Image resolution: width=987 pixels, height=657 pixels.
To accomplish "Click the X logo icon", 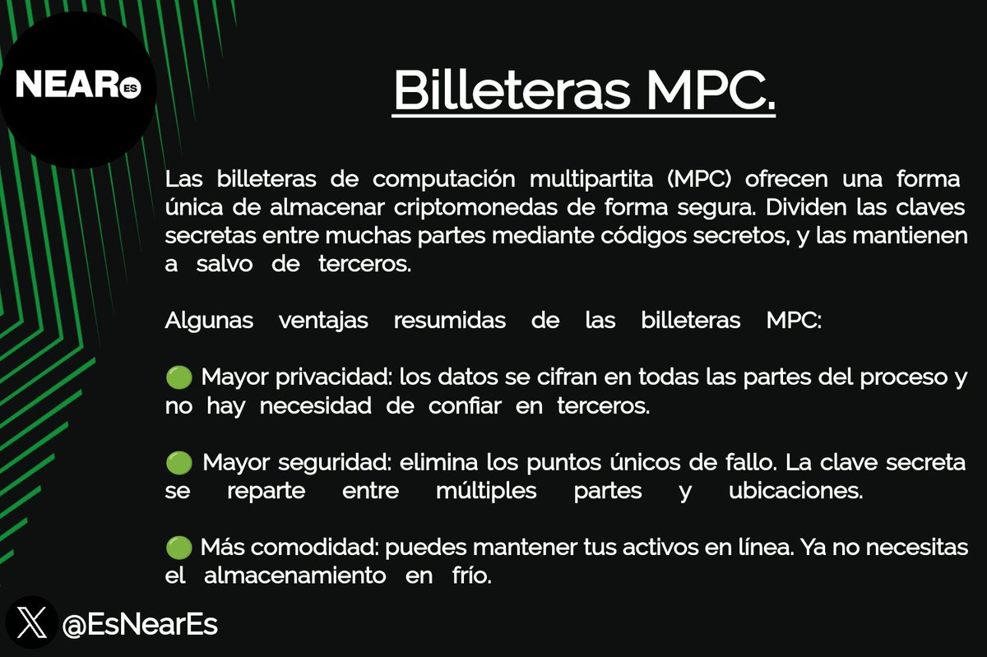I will (x=32, y=622).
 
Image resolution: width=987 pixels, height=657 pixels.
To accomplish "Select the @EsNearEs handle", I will (x=140, y=624).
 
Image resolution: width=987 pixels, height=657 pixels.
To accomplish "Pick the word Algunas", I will (x=209, y=320).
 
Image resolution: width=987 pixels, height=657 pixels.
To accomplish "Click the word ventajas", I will (x=323, y=320).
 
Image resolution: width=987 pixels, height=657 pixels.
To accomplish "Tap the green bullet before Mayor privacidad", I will (x=178, y=378).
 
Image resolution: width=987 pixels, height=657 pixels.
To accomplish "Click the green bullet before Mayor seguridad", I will (x=178, y=463).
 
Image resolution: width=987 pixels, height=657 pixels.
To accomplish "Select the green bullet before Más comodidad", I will (x=178, y=548).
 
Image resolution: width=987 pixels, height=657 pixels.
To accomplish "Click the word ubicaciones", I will (x=795, y=492).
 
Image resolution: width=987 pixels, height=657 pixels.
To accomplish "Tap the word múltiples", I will (x=486, y=492).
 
